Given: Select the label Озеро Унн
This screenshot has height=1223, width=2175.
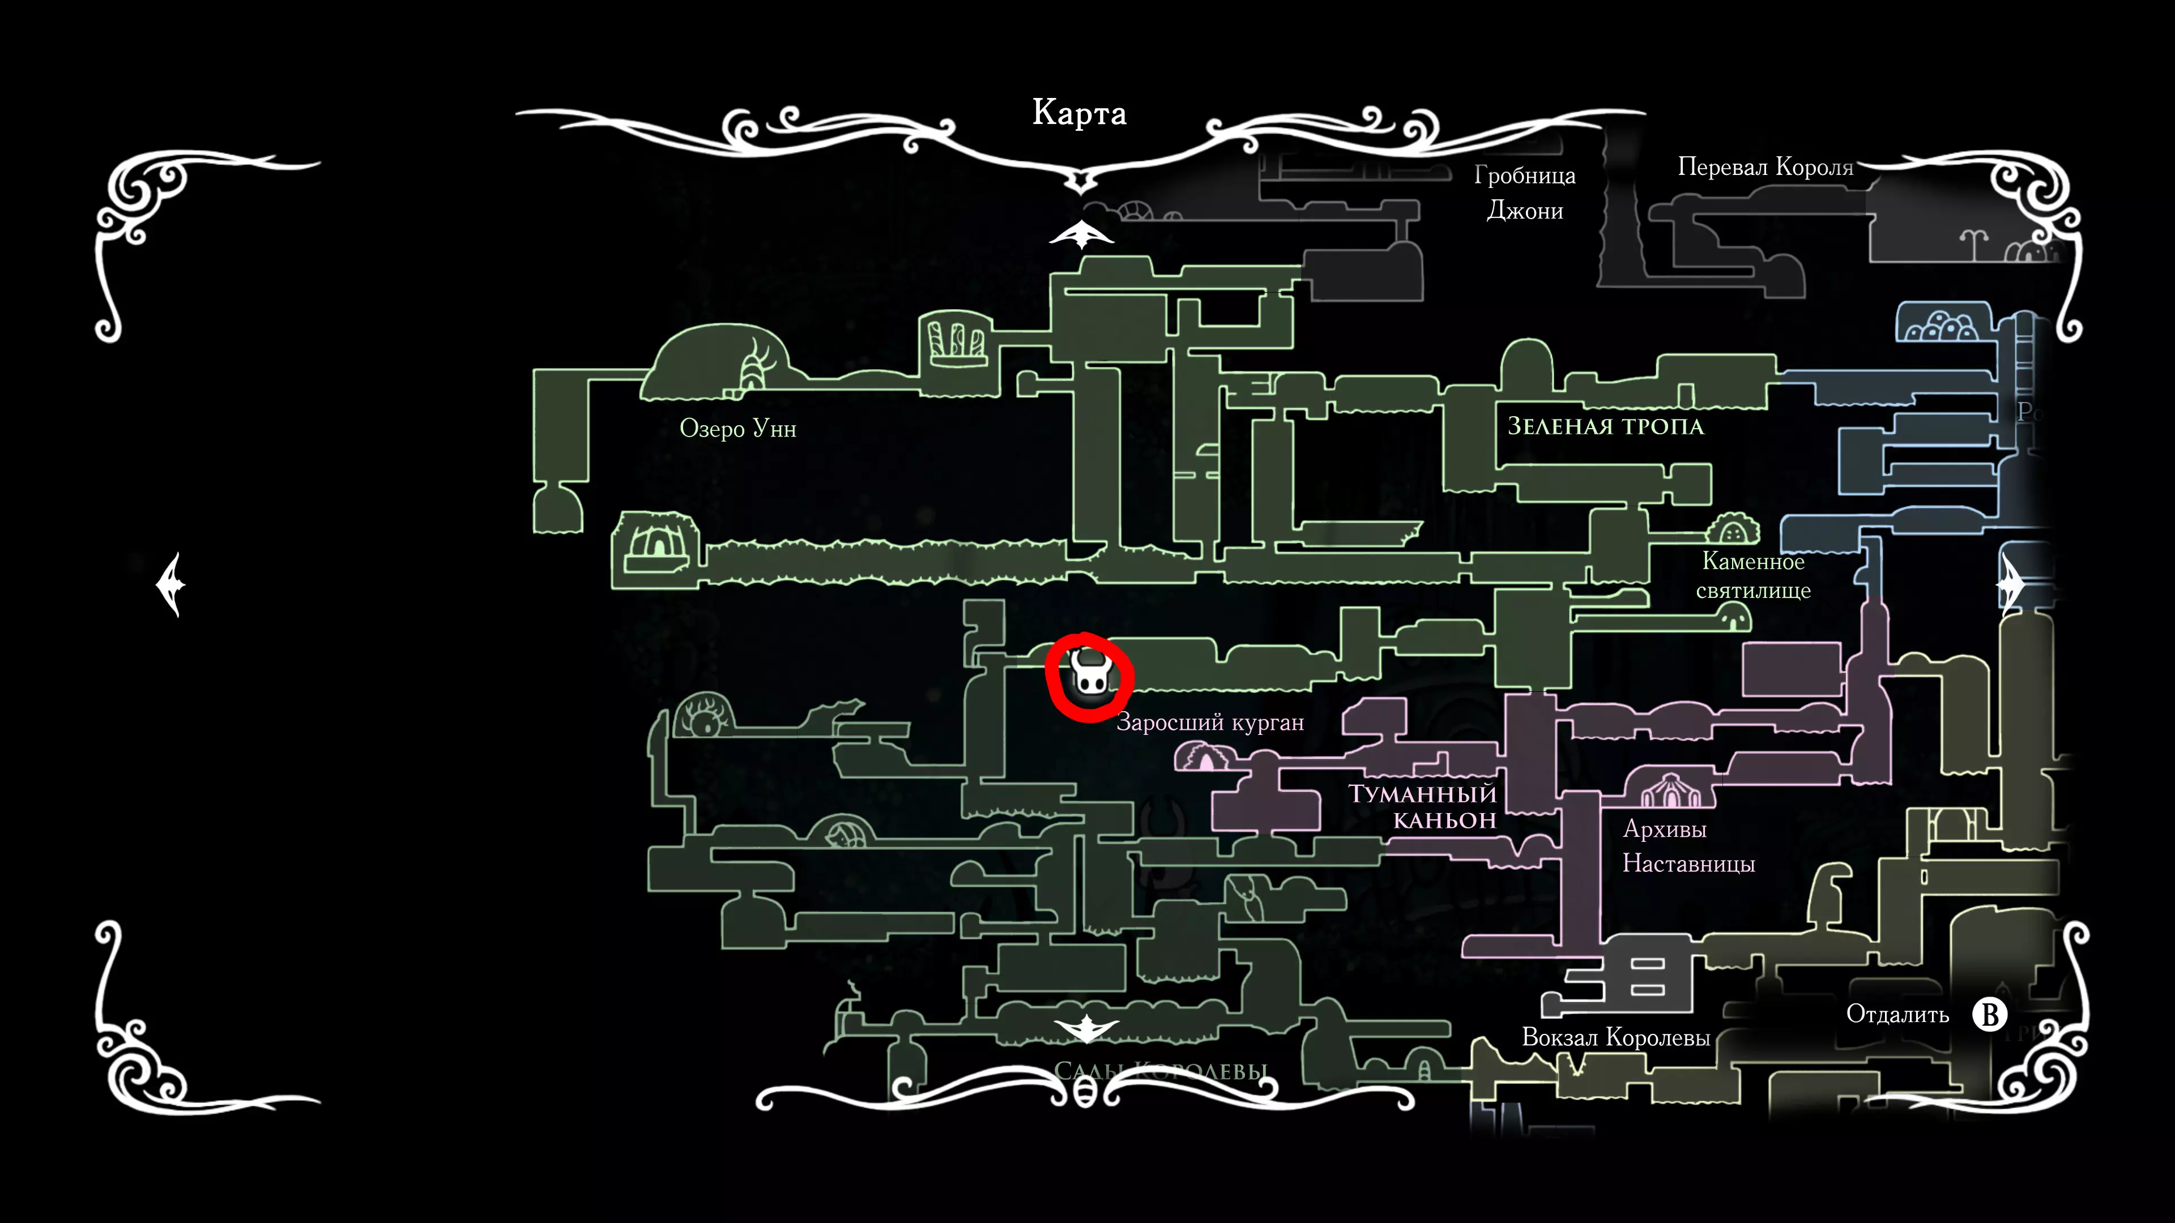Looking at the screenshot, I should (x=738, y=429).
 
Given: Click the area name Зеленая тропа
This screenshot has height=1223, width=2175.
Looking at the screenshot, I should (x=1605, y=426).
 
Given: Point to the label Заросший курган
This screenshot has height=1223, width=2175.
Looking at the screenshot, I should (x=1210, y=722).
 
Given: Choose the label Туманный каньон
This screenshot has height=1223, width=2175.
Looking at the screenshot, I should (x=1423, y=807).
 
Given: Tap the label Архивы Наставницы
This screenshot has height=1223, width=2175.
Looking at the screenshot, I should (x=1688, y=846).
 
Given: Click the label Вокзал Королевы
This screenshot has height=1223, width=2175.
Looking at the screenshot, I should (x=1615, y=1037).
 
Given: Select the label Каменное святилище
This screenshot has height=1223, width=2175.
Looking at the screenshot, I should (x=1753, y=576).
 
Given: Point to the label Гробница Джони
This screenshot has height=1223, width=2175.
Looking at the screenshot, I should (x=1525, y=193).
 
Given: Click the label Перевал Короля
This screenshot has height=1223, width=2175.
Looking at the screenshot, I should (x=1765, y=167).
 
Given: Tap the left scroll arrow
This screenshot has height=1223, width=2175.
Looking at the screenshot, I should (x=172, y=584).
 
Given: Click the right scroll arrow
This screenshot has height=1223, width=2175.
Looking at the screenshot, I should (x=2010, y=584).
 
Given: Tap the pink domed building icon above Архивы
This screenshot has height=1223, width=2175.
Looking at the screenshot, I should (x=1670, y=791).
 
